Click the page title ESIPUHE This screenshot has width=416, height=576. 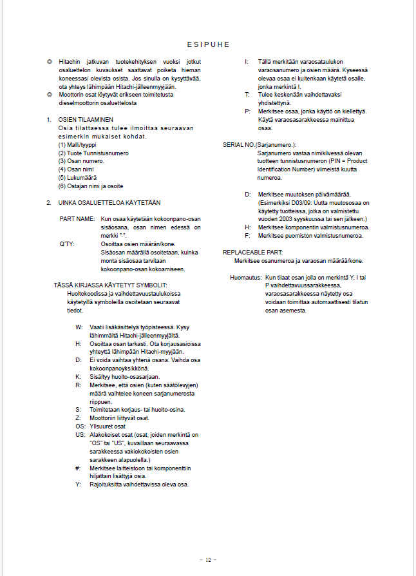(x=208, y=44)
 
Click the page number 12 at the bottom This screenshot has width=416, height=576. (x=208, y=559)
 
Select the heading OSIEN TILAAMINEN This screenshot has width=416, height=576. (x=86, y=120)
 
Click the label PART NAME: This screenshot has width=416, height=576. (x=77, y=219)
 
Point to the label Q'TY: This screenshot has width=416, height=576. (x=68, y=244)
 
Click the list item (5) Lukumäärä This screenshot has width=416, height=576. (x=77, y=178)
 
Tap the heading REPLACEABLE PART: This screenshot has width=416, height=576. (x=252, y=252)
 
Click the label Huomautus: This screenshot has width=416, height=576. (x=245, y=278)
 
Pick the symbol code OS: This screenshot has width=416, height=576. (x=80, y=426)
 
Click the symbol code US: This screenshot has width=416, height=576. (x=80, y=435)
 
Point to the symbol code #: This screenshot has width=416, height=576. (x=78, y=468)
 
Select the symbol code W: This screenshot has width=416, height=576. (x=79, y=327)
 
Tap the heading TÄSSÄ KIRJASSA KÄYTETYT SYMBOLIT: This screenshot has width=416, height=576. (x=110, y=285)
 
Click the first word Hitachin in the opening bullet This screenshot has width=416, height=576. (x=70, y=61)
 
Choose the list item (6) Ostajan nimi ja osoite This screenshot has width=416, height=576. (x=91, y=186)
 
